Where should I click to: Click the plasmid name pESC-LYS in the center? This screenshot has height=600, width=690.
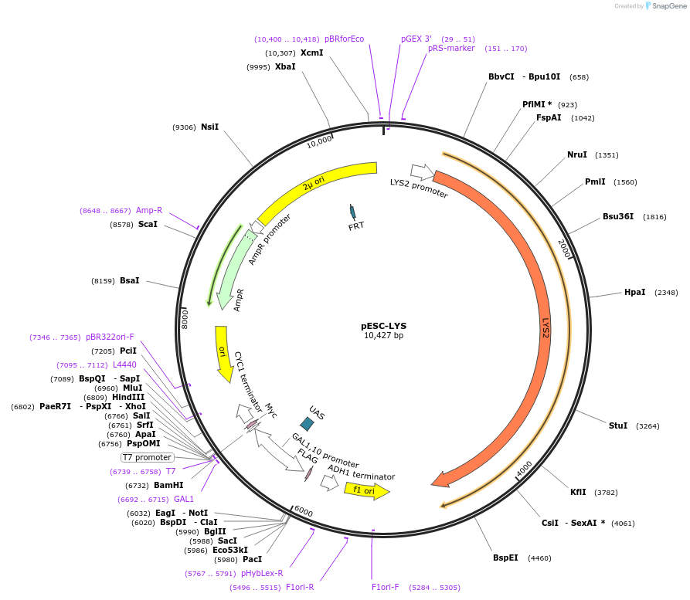(x=383, y=325)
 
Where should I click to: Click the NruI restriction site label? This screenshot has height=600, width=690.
(x=577, y=154)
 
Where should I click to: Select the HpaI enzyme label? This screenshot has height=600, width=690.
(x=634, y=292)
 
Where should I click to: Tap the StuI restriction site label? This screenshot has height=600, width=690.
(x=618, y=425)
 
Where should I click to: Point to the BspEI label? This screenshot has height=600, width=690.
(x=505, y=558)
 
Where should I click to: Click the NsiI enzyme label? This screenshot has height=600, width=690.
(x=209, y=127)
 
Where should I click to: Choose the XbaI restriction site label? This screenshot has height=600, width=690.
(x=285, y=67)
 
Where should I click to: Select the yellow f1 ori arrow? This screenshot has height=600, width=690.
(x=366, y=490)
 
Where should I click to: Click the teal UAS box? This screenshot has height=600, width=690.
(x=307, y=423)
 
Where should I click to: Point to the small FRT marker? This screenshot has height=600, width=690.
(x=353, y=212)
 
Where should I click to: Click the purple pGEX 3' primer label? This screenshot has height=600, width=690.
(x=416, y=39)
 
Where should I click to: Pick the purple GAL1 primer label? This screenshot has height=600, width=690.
(x=184, y=499)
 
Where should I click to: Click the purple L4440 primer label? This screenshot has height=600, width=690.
(x=124, y=364)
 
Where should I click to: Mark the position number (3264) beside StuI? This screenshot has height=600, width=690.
(x=648, y=426)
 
